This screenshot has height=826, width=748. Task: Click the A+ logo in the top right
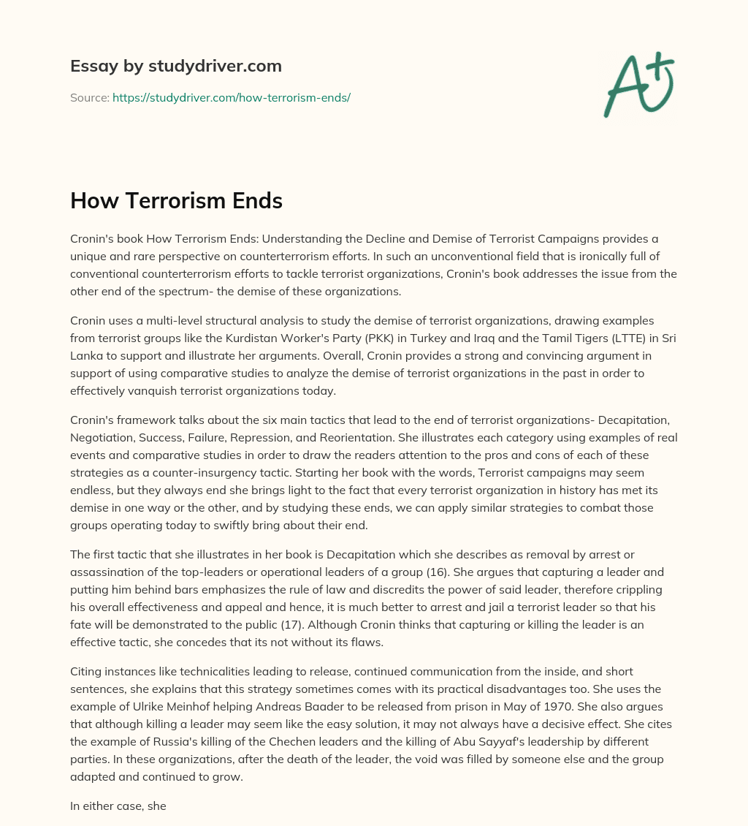tap(638, 85)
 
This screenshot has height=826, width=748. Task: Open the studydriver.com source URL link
tap(231, 97)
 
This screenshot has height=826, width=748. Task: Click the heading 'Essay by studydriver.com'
tap(175, 66)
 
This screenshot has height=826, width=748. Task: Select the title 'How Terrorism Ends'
tap(176, 201)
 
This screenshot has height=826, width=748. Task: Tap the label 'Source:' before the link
tap(89, 97)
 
